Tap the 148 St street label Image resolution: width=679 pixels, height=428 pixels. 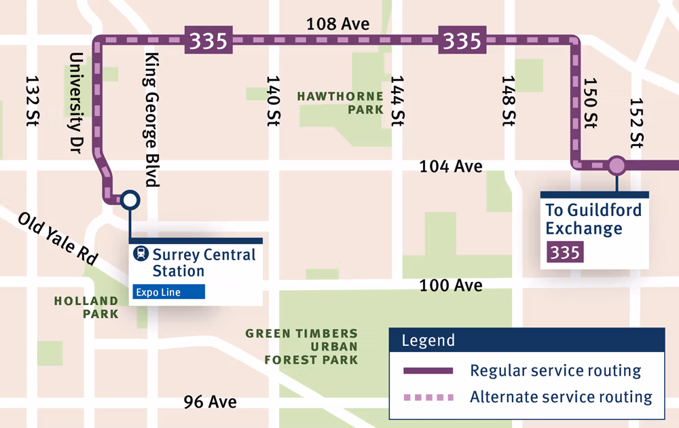[509, 101]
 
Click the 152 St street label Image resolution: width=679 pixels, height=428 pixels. [636, 123]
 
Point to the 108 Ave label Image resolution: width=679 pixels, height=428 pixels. [337, 24]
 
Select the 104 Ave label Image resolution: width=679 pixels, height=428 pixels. [451, 166]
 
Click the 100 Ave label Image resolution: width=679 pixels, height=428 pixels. [451, 285]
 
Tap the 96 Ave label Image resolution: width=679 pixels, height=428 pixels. [210, 402]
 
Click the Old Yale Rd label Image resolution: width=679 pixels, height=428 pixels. [58, 239]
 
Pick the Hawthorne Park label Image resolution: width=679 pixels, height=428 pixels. [340, 103]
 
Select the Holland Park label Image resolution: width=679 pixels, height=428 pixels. [86, 307]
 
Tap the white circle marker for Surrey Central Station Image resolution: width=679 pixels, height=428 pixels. [130, 200]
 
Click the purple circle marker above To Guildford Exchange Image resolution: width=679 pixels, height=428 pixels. [617, 165]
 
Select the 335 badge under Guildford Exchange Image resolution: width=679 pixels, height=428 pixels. [564, 253]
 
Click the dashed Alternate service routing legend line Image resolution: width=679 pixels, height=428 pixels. [427, 397]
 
